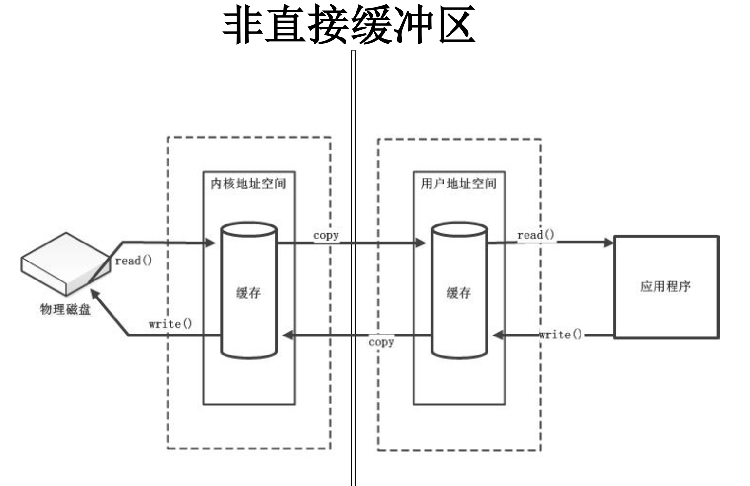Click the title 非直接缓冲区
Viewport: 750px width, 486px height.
(349, 25)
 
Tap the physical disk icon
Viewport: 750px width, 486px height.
(65, 263)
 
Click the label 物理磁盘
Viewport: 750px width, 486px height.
(65, 309)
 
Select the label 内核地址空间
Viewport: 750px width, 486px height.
(248, 184)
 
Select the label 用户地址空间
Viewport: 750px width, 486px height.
(459, 184)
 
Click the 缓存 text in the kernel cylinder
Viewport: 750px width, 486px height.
(248, 293)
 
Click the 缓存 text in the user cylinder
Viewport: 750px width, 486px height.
(459, 293)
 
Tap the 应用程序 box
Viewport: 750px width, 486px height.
(666, 287)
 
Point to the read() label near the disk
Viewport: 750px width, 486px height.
(133, 261)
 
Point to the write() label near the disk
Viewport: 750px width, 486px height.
(170, 324)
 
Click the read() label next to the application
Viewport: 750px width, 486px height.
(536, 235)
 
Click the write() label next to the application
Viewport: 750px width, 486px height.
(561, 335)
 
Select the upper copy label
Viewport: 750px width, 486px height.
(326, 235)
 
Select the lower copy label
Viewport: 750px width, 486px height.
(381, 342)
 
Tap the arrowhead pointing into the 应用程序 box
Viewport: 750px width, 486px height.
(608, 242)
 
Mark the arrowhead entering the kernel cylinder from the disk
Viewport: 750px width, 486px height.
(211, 242)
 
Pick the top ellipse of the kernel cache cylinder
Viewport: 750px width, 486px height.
(249, 230)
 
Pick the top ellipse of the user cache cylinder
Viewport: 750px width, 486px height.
(459, 230)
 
